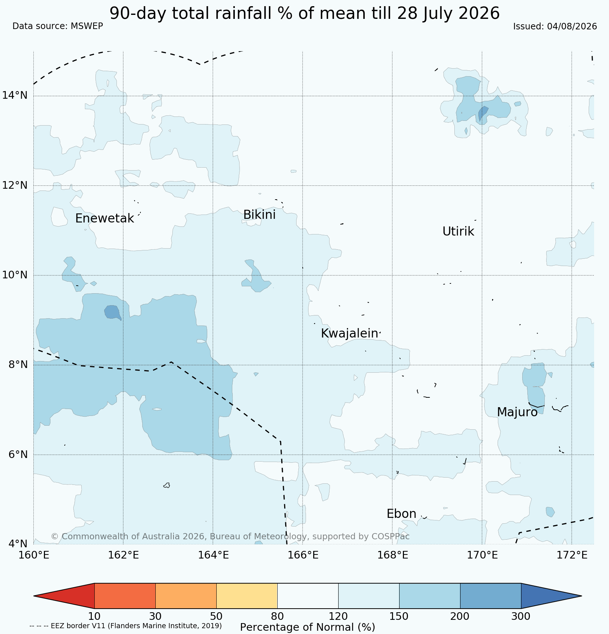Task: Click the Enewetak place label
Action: coord(105,218)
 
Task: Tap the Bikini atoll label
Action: coord(259,215)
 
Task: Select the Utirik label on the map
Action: coord(458,232)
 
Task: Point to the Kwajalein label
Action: coord(350,334)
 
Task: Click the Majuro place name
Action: coord(517,412)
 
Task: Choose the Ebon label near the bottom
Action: coord(401,514)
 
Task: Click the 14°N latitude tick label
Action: coord(15,95)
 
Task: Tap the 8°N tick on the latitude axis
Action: coord(18,364)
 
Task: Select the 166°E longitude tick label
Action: coord(303,555)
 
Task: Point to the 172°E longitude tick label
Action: coord(572,555)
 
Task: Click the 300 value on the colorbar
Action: coord(521,616)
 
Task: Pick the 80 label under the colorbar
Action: coord(277,616)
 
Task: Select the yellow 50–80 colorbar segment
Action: coord(247,596)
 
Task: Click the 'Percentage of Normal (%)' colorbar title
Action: coord(307,627)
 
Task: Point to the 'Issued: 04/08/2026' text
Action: coord(555,26)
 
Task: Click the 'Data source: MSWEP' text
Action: coord(58,26)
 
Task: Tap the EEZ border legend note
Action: coord(126,626)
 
